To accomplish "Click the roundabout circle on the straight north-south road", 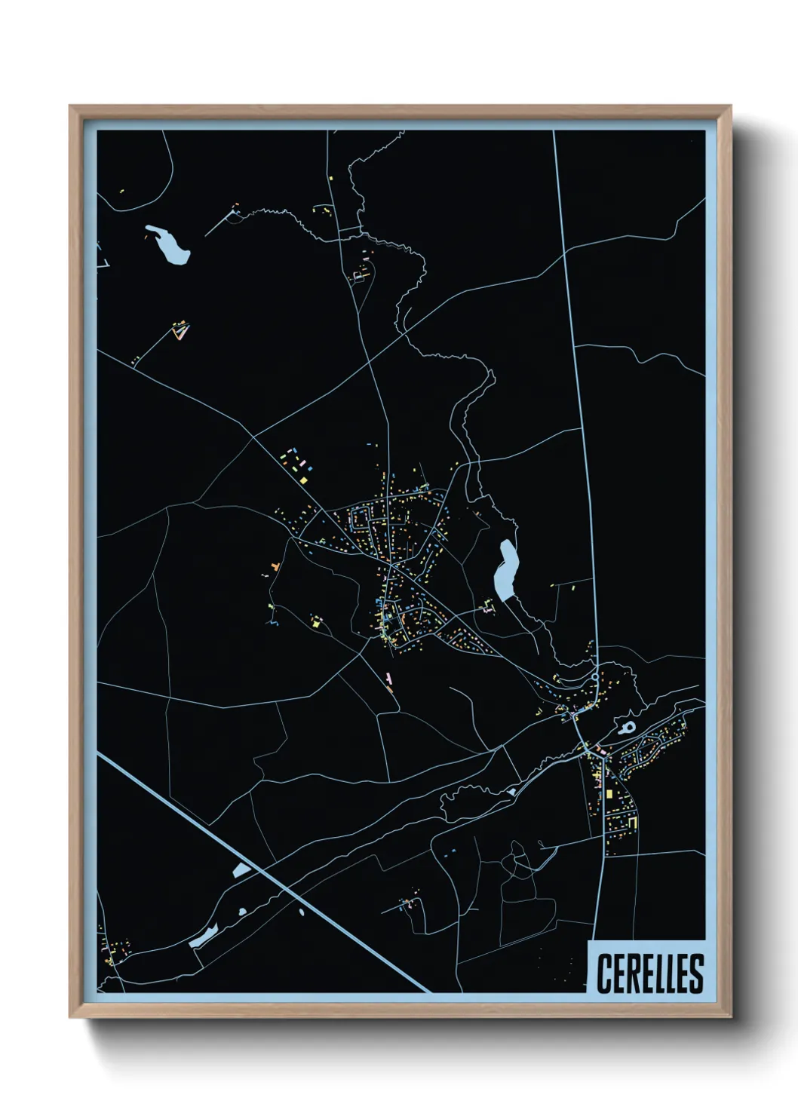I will click(595, 677).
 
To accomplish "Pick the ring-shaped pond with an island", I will click(628, 728).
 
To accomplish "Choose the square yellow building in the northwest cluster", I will click(302, 478).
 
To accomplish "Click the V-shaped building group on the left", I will click(180, 330).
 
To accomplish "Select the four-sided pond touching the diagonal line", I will click(242, 869).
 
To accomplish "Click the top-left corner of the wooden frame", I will click(71, 107).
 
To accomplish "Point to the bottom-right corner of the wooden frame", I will click(729, 1016).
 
